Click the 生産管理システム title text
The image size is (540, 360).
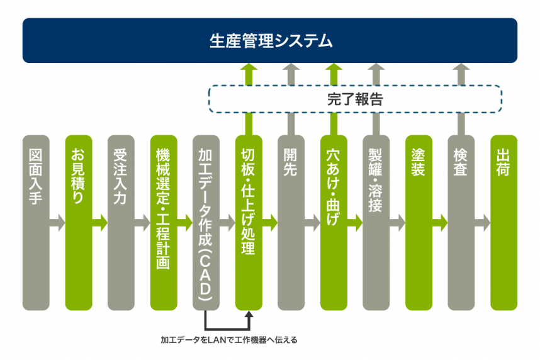click(271, 41)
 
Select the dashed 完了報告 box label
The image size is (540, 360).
click(355, 99)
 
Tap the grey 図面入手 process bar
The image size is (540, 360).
click(36, 223)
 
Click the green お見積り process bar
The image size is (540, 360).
click(79, 223)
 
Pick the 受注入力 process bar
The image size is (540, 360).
click(121, 223)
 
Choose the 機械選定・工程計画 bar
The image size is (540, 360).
click(164, 223)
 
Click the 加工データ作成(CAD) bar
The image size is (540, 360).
click(206, 223)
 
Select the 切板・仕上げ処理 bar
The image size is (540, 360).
click(249, 223)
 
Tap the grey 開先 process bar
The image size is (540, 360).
click(291, 223)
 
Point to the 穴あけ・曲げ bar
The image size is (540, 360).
click(334, 223)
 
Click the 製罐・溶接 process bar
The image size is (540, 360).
click(376, 223)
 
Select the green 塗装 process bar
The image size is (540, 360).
click(419, 223)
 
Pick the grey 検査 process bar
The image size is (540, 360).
click(461, 223)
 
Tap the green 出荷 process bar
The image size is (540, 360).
click(504, 223)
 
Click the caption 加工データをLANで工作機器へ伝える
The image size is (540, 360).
click(229, 340)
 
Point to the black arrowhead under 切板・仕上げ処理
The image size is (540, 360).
click(249, 314)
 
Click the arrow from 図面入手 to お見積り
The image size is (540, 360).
click(57, 223)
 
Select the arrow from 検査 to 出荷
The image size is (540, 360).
click(483, 223)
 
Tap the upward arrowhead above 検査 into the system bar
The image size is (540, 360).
click(461, 67)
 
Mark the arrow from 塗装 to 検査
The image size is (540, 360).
click(440, 223)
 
